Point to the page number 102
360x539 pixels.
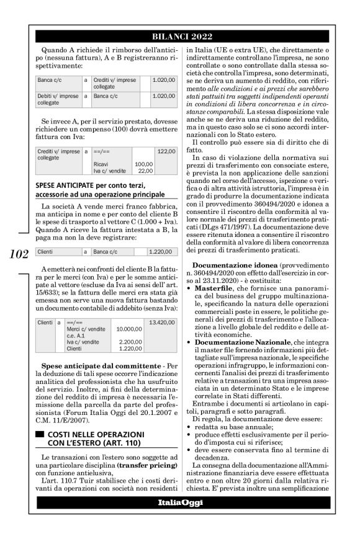pyautogui.click(x=17, y=252)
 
